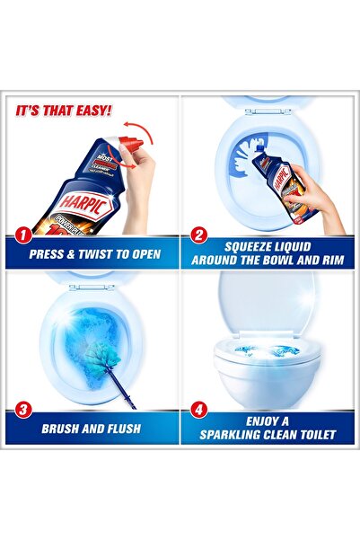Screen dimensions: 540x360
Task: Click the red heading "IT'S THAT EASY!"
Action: coord(63,111)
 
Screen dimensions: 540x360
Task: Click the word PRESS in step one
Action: coord(50,253)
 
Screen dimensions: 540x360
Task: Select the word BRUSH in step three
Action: coord(63,428)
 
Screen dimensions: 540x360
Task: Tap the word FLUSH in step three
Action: coord(119,428)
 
